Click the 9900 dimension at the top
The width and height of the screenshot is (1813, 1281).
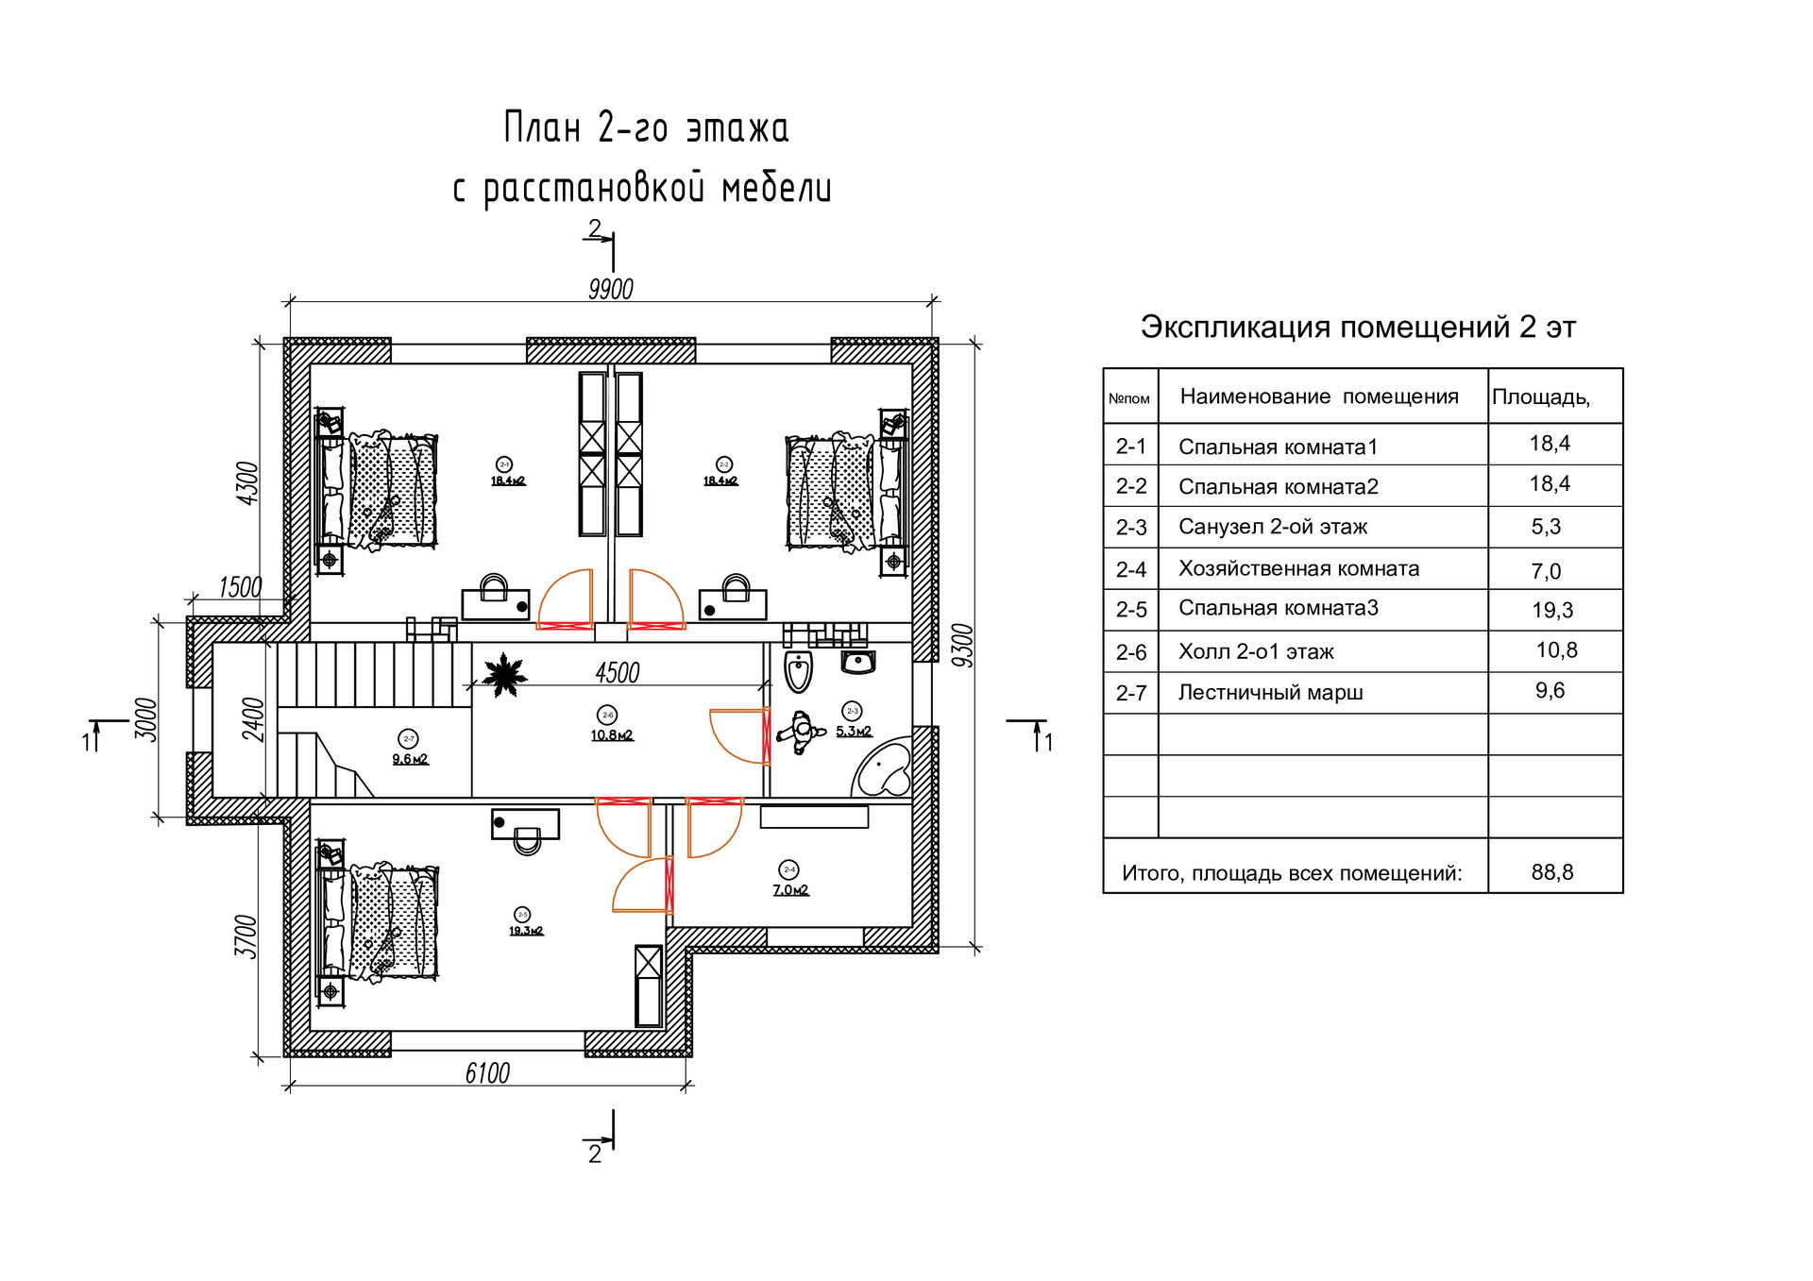(x=610, y=289)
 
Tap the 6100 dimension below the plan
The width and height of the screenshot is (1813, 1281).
(x=487, y=1073)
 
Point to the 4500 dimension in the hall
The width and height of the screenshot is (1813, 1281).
(x=618, y=673)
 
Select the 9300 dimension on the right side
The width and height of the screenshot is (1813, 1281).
(x=962, y=646)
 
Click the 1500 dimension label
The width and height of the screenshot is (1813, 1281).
(x=240, y=587)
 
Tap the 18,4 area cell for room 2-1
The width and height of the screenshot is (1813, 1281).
(x=1550, y=444)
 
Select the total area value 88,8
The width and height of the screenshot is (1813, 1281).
(x=1552, y=872)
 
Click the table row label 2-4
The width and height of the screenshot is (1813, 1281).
(x=1131, y=569)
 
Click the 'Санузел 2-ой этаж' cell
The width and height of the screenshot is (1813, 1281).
(x=1272, y=527)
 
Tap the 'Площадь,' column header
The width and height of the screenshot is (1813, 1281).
(x=1541, y=397)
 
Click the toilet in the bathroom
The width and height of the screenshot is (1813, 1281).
(x=799, y=671)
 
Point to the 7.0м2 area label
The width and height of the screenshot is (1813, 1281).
(x=790, y=890)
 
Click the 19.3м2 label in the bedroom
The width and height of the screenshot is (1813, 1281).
(x=526, y=931)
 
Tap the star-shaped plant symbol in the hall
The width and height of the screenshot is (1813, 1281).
(x=504, y=674)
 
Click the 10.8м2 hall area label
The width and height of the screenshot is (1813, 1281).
(x=612, y=735)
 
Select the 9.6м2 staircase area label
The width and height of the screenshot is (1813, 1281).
(x=410, y=759)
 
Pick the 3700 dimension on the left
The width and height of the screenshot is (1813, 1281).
(x=246, y=935)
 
